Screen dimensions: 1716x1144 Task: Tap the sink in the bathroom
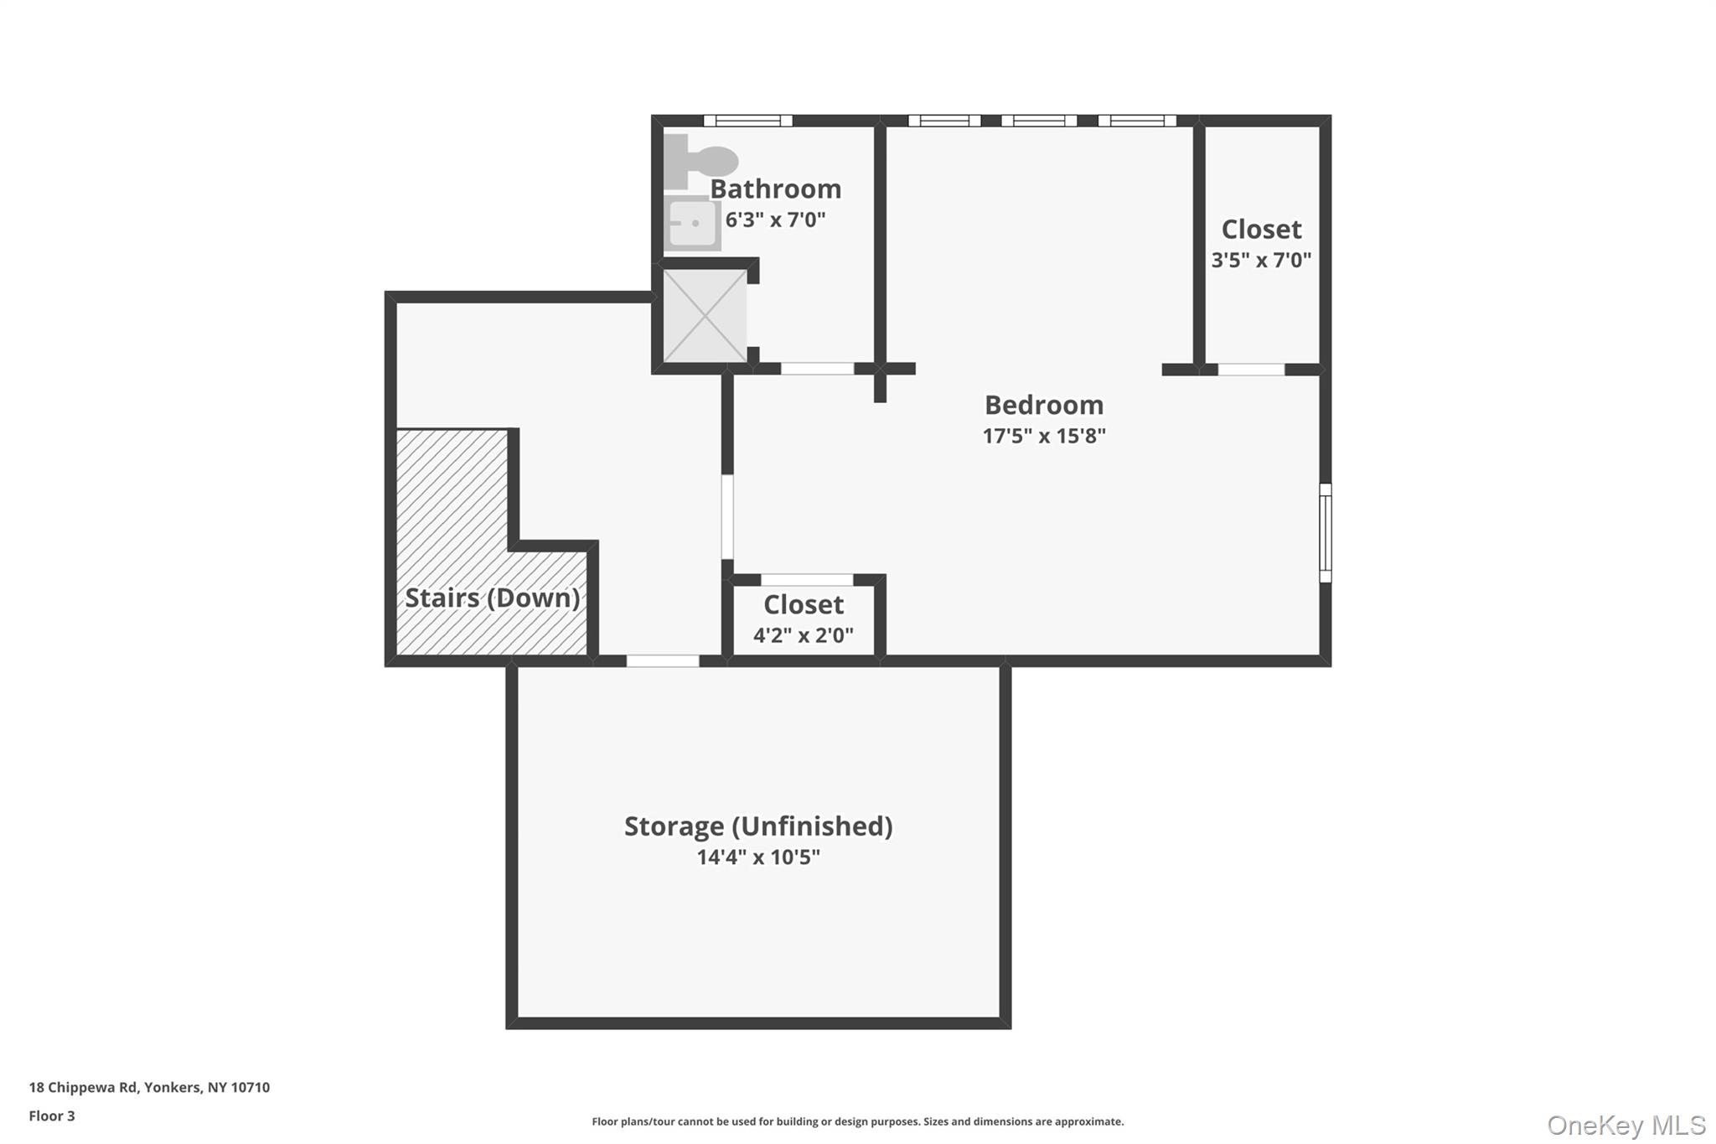coord(692,223)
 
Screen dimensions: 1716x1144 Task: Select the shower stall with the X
coord(705,316)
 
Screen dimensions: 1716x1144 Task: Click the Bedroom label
coord(1044,405)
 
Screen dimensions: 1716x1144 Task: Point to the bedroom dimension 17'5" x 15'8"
coord(1044,436)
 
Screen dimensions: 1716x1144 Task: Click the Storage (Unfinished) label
coord(758,826)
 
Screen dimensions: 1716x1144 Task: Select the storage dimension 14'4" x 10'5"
coord(758,857)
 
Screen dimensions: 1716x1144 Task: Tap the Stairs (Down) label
coord(493,598)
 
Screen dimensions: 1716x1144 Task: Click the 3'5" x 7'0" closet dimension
coord(1261,260)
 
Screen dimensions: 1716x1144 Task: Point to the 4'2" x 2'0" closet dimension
coord(804,635)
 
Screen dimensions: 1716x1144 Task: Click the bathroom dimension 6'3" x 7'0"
coord(775,220)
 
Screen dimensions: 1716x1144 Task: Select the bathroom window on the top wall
coord(747,121)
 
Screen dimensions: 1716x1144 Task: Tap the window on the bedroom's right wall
coord(1326,533)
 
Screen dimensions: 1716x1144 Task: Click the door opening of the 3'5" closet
coord(1251,369)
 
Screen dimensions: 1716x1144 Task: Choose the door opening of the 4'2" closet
coord(807,580)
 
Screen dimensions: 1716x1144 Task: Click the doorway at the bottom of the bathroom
coord(818,369)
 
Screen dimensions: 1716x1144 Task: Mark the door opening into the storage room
coord(663,661)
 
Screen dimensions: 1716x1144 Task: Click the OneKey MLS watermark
coord(1626,1125)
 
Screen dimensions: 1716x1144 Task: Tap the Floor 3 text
coord(52,1116)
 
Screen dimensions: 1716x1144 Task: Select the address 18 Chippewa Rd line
coord(149,1087)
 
